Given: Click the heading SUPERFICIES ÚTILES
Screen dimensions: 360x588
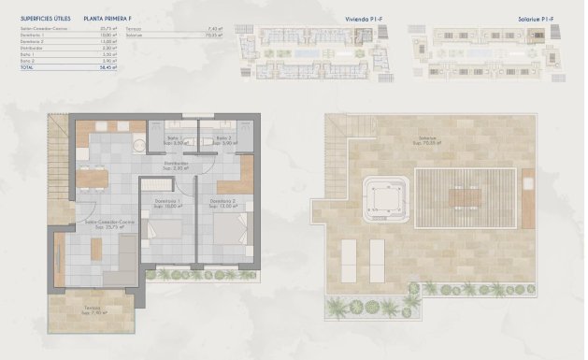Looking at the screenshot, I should (45, 18).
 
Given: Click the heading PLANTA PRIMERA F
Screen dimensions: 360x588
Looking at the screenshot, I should (107, 18).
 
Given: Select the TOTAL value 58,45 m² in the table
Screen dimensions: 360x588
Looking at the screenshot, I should (108, 67).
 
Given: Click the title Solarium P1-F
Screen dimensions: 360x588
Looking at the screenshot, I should (540, 17).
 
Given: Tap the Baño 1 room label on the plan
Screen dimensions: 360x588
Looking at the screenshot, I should (175, 140).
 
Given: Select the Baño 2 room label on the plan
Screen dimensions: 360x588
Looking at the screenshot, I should (224, 140).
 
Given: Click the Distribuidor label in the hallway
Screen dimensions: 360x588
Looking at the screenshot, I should (177, 165).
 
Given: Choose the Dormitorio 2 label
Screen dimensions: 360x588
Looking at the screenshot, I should (222, 203).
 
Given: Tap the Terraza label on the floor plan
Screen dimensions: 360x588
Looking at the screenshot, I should (92, 310).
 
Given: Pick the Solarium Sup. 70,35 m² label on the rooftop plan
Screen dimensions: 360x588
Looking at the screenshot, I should (430, 141).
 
